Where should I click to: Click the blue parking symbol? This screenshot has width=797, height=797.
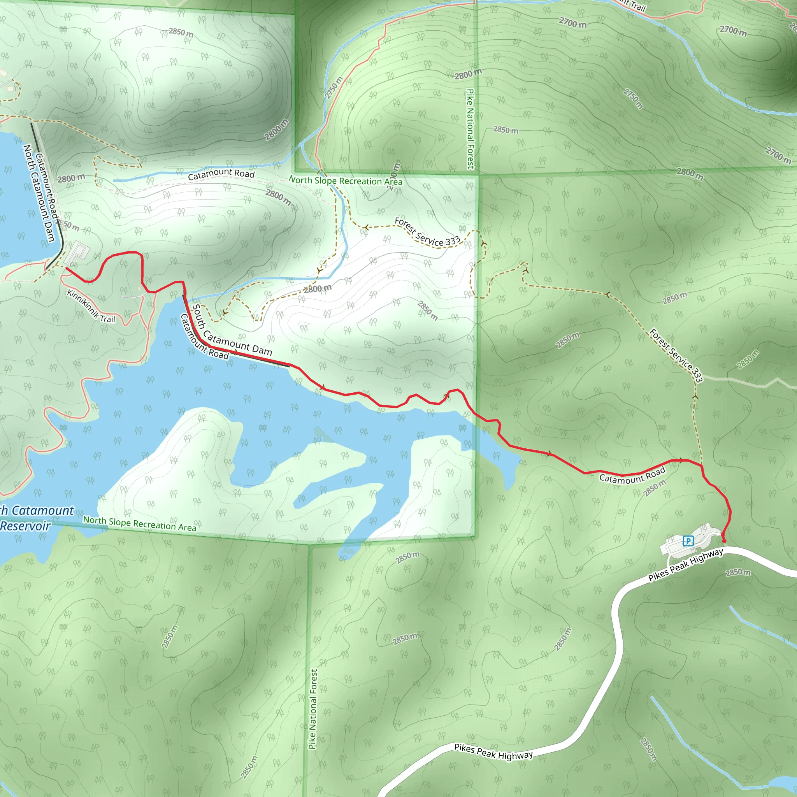coord(688,541)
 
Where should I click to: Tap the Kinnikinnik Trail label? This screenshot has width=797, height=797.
coord(91,306)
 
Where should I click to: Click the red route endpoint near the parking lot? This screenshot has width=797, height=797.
coord(724,541)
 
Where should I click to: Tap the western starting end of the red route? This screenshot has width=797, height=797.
coord(67,268)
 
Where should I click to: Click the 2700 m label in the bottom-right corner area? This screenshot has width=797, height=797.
coord(778,155)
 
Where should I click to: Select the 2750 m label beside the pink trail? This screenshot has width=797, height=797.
coord(334,88)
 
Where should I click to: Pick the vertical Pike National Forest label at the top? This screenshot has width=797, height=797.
coord(470,129)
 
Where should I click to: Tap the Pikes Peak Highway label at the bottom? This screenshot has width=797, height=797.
coord(493,751)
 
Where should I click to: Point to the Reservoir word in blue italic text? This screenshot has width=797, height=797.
coord(26,526)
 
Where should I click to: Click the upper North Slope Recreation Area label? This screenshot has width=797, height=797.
coord(345,181)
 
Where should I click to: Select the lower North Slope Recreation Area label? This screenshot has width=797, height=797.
coord(139,524)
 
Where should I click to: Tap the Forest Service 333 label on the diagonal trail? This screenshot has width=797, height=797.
coord(676,355)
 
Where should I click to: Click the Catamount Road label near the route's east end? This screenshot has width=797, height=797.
coord(632,475)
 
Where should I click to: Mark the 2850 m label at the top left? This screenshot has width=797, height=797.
coord(181,32)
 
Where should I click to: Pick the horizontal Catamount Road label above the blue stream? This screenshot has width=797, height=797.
coord(221,174)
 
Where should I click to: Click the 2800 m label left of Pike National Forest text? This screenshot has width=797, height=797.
coord(468,75)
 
